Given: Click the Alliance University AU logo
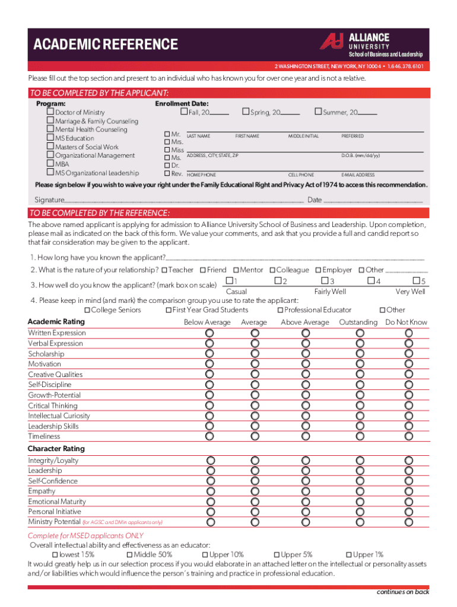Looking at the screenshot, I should click(x=332, y=41).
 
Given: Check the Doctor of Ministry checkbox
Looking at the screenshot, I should click(x=50, y=112).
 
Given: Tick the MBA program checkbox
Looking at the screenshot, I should click(x=50, y=164).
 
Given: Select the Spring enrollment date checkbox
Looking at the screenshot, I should click(x=245, y=112).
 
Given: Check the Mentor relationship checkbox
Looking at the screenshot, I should click(x=236, y=270).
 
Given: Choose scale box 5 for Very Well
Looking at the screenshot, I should click(x=416, y=280).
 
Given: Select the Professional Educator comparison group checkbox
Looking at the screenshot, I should click(x=280, y=310).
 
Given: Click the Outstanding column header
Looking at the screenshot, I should click(x=358, y=322).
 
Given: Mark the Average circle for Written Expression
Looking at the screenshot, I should click(x=255, y=333).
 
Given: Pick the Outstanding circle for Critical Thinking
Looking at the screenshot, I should click(x=360, y=405).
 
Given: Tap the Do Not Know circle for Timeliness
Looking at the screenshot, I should click(x=409, y=436).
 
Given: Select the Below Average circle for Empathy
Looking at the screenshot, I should click(x=210, y=491).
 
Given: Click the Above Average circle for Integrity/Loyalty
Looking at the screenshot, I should click(x=305, y=461).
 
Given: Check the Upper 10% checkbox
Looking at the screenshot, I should click(x=205, y=555).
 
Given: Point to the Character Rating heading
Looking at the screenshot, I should click(x=56, y=449).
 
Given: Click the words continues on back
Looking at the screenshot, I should click(x=402, y=592).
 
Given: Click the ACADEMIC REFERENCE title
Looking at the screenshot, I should click(x=106, y=44).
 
